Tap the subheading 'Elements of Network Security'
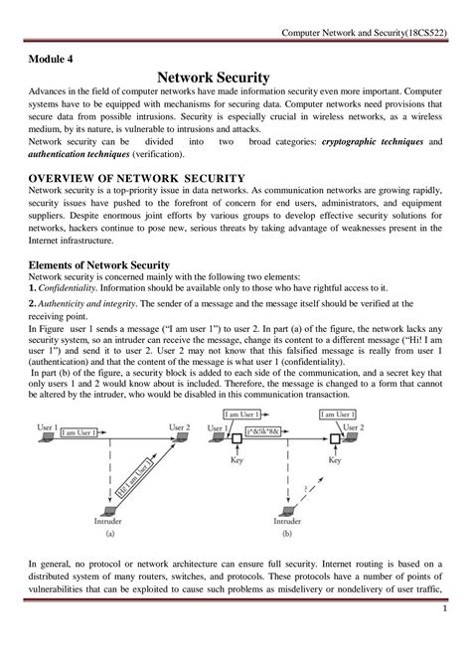[98, 264]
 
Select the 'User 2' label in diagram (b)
[352, 426]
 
